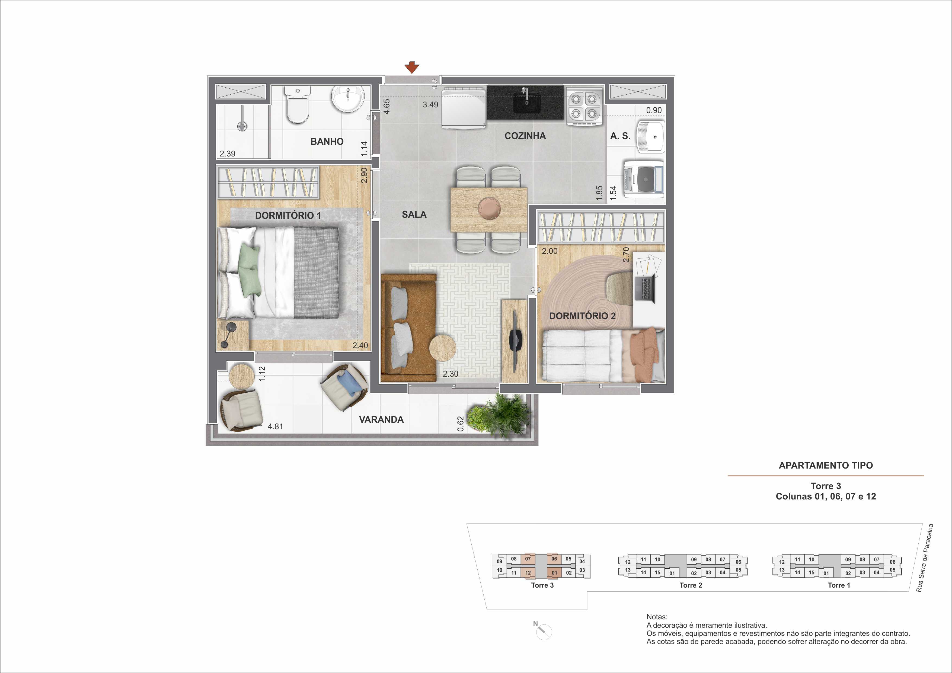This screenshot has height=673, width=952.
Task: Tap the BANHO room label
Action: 327,141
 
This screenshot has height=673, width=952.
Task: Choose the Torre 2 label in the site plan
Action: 691,585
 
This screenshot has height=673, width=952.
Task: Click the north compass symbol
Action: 543,631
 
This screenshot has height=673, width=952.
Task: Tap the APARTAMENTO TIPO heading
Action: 826,465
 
